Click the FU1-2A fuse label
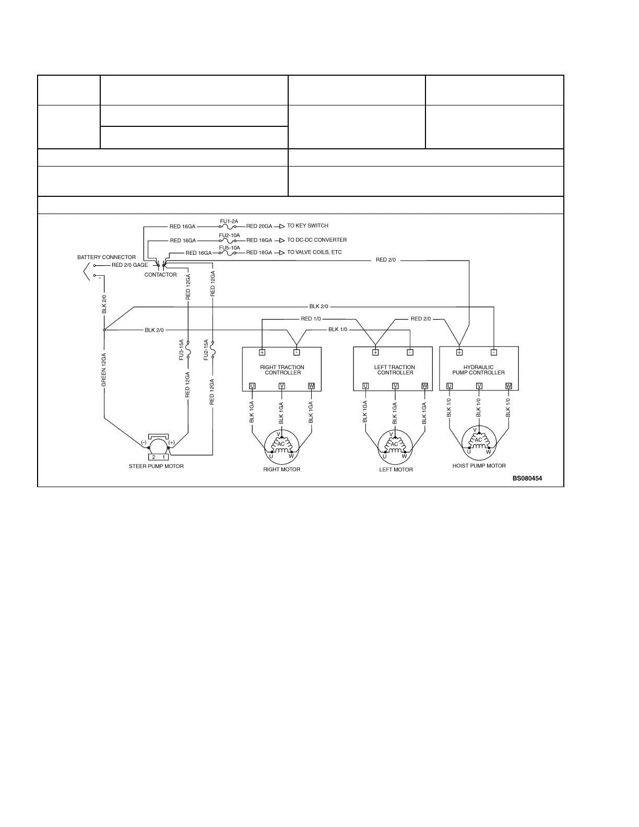[229, 221]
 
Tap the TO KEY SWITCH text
[307, 226]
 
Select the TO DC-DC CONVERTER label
[317, 240]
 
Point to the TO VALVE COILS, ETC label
[314, 253]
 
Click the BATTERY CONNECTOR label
[106, 257]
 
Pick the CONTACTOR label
[160, 275]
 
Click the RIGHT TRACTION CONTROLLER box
[282, 370]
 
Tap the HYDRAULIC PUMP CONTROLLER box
[479, 370]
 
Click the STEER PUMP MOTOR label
[156, 466]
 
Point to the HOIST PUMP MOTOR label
[479, 466]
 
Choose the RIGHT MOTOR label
[281, 469]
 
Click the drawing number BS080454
[527, 478]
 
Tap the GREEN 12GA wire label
[104, 370]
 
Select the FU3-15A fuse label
[181, 349]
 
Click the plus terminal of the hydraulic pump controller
[459, 352]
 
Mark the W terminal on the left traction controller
[424, 386]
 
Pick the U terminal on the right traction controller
[252, 386]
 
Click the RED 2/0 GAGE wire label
[129, 265]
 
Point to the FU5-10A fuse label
[229, 247]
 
